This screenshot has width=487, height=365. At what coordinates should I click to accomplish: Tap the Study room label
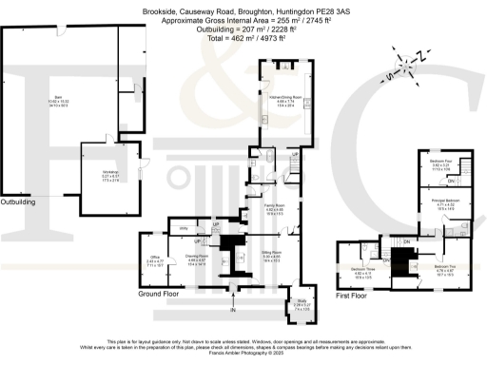pyautogui.click(x=300, y=306)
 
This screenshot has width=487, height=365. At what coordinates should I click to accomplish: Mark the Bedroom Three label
pyautogui.click(x=361, y=272)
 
